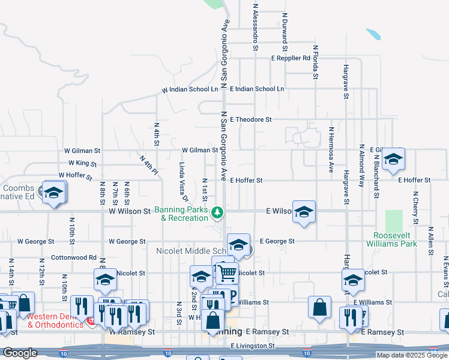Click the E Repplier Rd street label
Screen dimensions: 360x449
[291, 59]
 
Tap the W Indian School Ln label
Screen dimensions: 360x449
[190, 89]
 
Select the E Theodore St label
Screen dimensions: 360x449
[250, 119]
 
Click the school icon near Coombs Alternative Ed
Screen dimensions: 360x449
[53, 192]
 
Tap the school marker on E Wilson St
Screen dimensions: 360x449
[304, 212]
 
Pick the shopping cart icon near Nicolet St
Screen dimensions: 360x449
[227, 273]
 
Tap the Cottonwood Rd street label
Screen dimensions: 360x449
[74, 257]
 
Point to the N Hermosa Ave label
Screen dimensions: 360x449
[331, 150]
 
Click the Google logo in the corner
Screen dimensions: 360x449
[20, 353]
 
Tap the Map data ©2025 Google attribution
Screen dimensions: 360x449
[411, 355]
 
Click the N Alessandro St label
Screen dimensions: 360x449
[256, 23]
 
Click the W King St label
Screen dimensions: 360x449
[83, 163]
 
